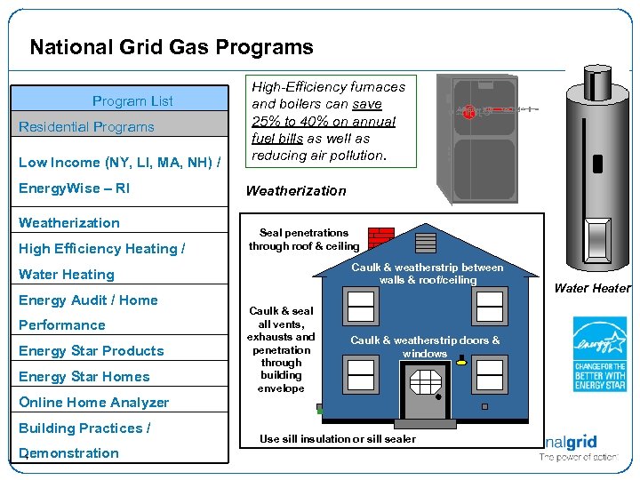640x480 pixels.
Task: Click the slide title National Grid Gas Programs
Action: click(x=171, y=47)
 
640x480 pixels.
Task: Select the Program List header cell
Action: click(x=133, y=101)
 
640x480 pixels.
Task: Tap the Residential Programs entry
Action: click(x=87, y=127)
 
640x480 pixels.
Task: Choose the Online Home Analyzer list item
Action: click(x=94, y=403)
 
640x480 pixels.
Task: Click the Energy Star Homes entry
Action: click(x=84, y=377)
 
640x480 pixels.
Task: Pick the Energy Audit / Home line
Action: click(x=88, y=300)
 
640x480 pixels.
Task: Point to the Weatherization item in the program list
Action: click(x=69, y=223)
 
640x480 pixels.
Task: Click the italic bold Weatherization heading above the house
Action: click(x=296, y=191)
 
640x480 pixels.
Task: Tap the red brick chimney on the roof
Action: click(x=380, y=239)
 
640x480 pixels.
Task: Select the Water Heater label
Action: click(x=592, y=288)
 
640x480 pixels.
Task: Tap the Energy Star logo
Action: click(x=599, y=354)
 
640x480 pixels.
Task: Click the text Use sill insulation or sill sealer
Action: click(x=338, y=439)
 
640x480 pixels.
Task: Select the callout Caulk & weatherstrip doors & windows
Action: click(x=425, y=347)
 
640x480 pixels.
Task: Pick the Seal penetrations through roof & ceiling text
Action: click(x=304, y=239)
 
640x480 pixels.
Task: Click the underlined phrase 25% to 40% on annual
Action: click(x=324, y=122)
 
